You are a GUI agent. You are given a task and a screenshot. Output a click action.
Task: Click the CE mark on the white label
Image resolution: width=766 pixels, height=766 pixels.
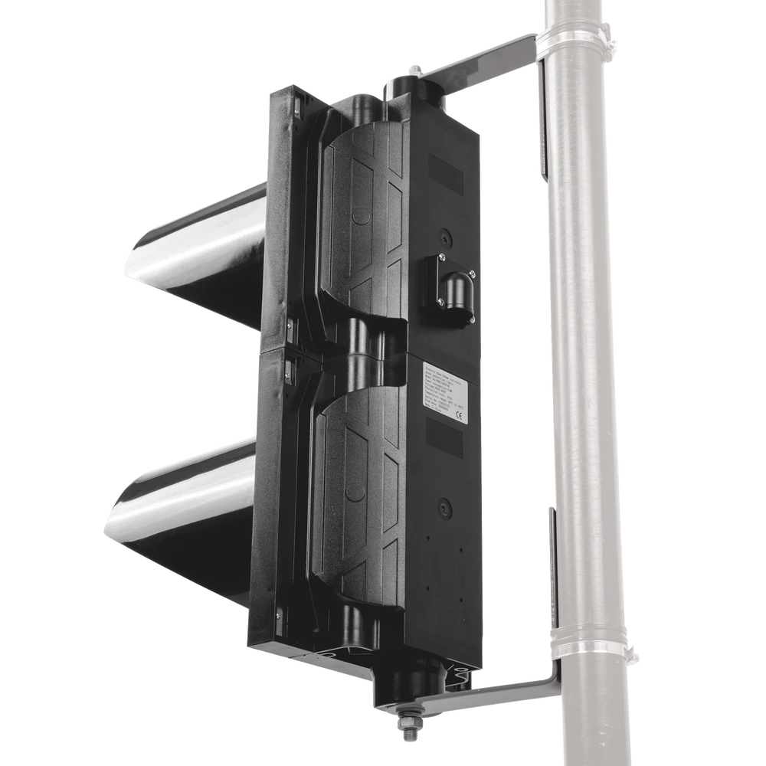click(x=460, y=417)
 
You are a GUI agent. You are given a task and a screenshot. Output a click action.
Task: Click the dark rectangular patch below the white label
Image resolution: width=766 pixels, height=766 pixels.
click(x=444, y=442)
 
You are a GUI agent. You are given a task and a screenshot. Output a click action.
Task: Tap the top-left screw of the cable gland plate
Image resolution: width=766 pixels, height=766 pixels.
click(x=442, y=257)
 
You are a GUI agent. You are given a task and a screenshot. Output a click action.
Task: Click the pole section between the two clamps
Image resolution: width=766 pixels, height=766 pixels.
click(x=586, y=345)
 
